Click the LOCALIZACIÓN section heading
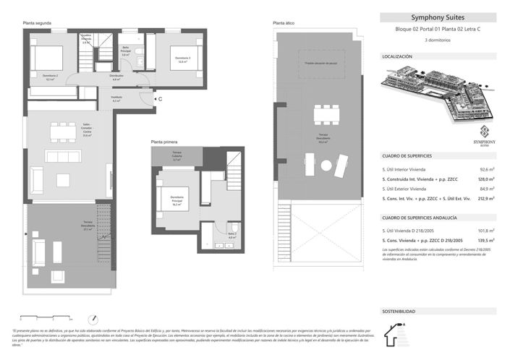point(397,56)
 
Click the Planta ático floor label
point(283,23)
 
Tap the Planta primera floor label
point(165,142)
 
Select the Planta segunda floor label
point(36,24)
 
